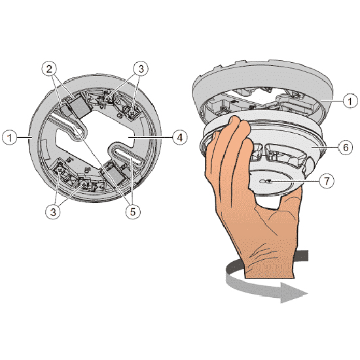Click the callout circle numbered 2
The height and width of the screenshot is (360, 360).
[x=49, y=68]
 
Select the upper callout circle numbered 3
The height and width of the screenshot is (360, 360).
[x=141, y=68]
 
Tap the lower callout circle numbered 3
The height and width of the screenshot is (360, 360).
[x=53, y=212]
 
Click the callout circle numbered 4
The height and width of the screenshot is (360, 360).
[x=180, y=137]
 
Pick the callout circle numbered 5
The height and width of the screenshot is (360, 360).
[x=133, y=212]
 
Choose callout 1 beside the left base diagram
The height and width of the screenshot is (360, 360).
[x=9, y=137]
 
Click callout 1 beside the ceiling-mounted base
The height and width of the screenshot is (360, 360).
[x=350, y=101]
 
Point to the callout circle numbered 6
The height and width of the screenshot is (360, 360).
[x=346, y=147]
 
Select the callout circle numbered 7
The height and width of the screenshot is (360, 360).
[x=327, y=181]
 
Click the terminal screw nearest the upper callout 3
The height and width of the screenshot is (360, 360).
[x=107, y=98]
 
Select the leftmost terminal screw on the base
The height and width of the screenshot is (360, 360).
[x=60, y=170]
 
